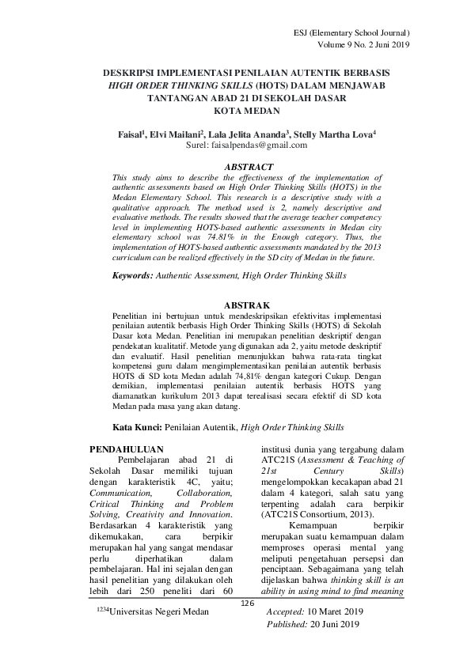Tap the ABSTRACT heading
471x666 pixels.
coord(249,168)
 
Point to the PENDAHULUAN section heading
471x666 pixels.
coord(127,449)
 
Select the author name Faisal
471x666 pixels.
coord(124,134)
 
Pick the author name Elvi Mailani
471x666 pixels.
coord(176,134)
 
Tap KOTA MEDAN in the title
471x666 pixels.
coord(249,112)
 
